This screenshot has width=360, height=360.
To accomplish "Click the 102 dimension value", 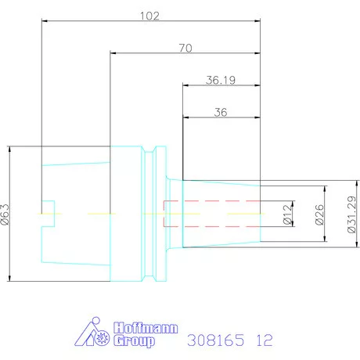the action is point(149,16).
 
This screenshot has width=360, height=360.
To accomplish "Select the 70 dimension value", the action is point(185,48).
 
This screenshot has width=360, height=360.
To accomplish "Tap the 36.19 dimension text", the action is point(221,80).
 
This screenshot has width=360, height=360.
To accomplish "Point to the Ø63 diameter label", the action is point(5,214).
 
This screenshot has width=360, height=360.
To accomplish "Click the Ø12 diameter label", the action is point(287,214).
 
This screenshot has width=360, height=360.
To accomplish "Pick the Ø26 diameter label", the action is point(319,214).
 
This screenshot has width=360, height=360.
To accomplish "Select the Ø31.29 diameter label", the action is point(351,214).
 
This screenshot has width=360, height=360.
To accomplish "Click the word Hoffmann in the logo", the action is point(146,328).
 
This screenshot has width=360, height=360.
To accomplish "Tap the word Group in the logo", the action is point(134,341).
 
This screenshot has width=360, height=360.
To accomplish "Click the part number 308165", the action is point(216,340).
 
